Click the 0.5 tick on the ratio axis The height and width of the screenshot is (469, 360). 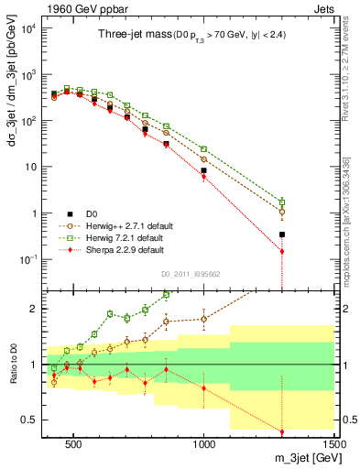coord(35,420)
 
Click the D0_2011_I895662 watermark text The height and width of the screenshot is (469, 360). coord(191,273)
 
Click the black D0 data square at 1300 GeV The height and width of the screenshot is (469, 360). coord(282,234)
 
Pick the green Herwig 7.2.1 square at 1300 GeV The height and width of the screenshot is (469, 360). coord(282,202)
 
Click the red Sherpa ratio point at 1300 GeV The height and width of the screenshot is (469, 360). coord(282,431)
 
